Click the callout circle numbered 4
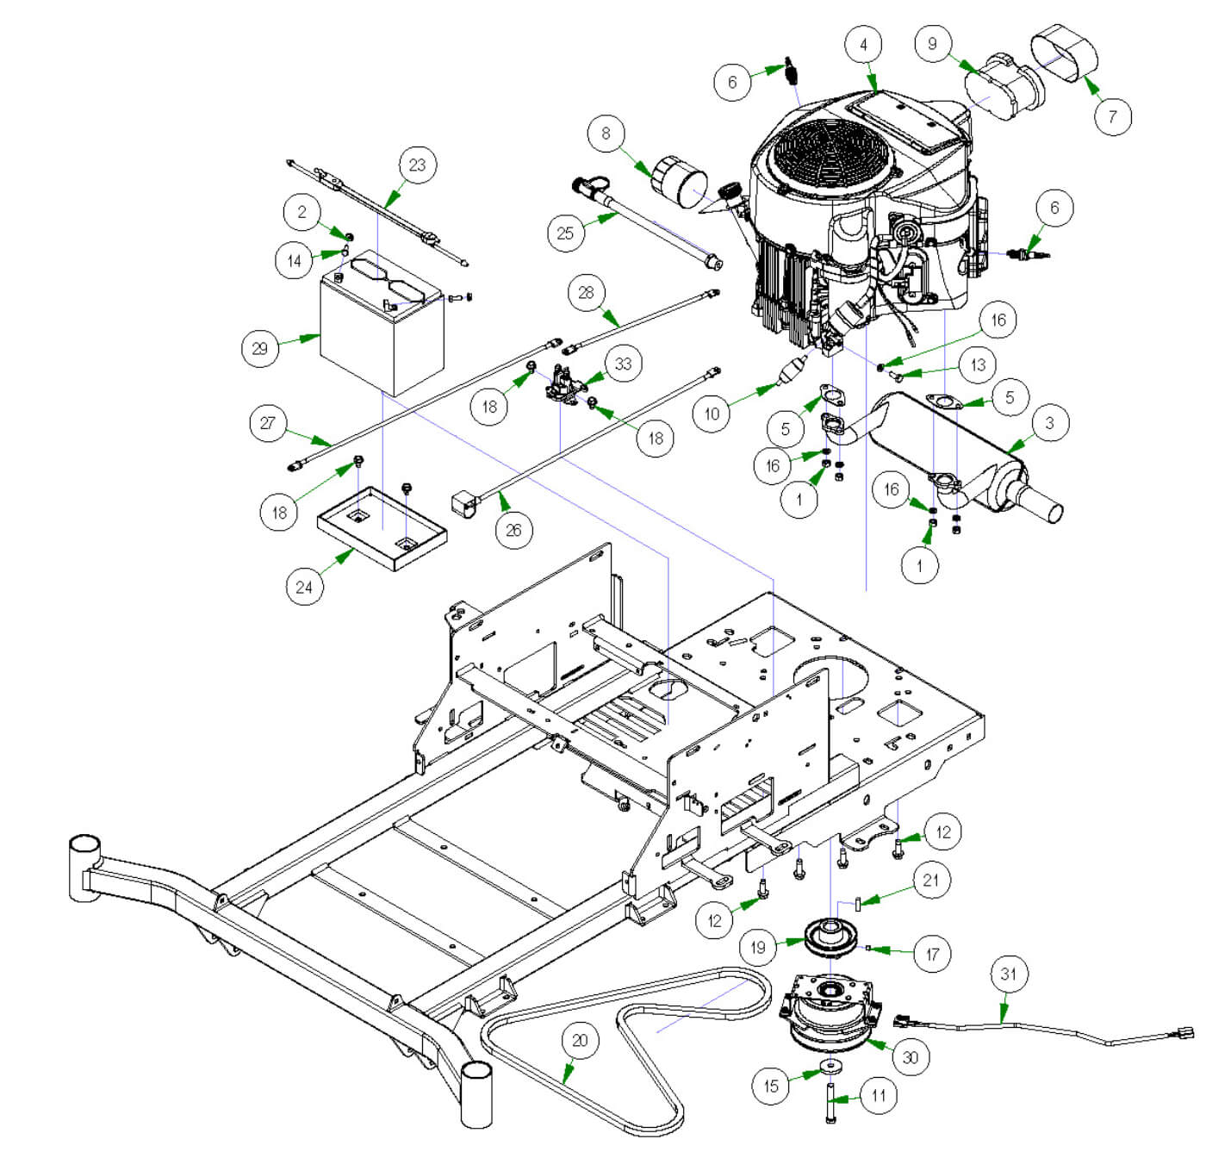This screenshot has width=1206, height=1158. pos(864,45)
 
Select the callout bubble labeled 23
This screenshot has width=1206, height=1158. pos(417,165)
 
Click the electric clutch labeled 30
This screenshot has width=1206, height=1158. pos(830,1017)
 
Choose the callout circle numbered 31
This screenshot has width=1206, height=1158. pos(1008,974)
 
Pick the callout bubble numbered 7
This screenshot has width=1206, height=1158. pos(1113,116)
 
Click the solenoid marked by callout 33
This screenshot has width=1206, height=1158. pos(564,386)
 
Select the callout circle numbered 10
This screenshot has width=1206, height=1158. pos(712,414)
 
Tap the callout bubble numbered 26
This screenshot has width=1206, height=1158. pos(513,529)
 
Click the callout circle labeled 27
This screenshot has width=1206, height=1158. pos(268,423)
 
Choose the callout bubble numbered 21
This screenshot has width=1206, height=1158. pos(930,881)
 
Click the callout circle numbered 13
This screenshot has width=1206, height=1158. pos(978,364)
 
